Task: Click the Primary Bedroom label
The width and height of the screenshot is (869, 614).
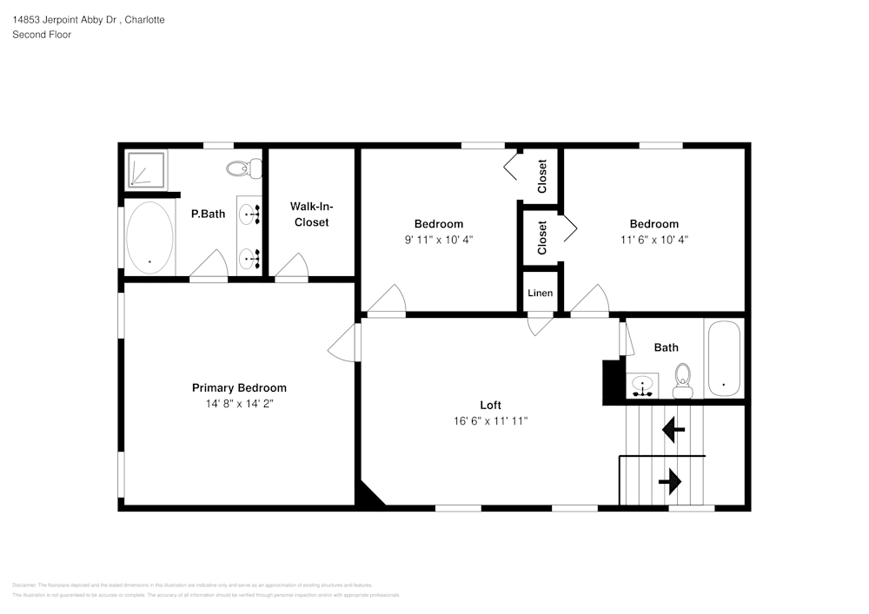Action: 239,388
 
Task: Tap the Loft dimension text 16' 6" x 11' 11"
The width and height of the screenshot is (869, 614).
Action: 490,420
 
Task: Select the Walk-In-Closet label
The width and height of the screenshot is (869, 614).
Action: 311,215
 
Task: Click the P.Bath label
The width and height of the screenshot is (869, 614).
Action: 208,214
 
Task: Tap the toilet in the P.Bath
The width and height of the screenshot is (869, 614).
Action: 246,168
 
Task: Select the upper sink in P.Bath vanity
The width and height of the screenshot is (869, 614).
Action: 249,212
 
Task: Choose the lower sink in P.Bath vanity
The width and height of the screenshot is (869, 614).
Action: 249,256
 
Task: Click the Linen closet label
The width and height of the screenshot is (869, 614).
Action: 540,294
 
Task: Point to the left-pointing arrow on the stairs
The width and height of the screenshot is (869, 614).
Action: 673,429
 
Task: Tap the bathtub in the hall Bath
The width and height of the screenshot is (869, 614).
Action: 723,358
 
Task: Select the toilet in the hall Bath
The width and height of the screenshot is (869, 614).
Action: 682,380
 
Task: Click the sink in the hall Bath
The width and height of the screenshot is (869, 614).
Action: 644,385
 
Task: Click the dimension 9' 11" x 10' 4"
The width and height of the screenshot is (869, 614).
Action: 438,239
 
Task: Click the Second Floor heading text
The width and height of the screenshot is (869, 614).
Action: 42,35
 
